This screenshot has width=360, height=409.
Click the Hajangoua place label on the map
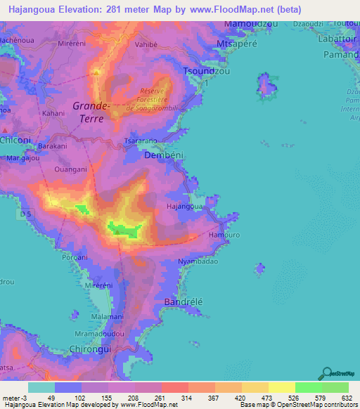(x=184, y=207)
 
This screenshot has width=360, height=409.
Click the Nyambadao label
(x=198, y=261)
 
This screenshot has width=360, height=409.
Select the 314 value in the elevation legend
(x=187, y=398)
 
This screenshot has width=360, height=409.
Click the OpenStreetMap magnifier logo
(x=325, y=374)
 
